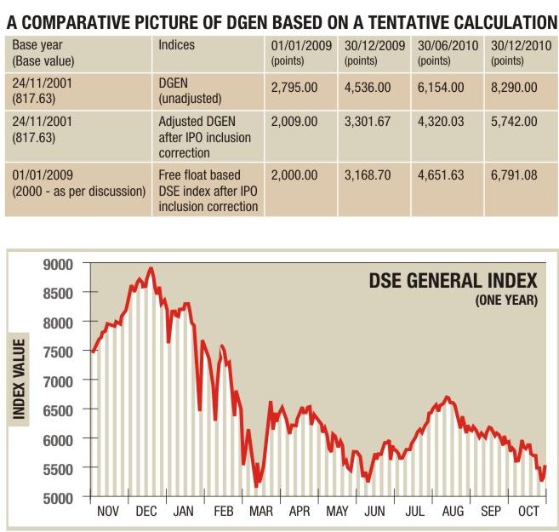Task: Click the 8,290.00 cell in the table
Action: tap(514, 88)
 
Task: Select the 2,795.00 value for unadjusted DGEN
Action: tap(294, 88)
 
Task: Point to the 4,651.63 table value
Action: tap(441, 174)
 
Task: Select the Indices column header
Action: tap(176, 44)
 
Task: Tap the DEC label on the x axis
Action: tap(145, 512)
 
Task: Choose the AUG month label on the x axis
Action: tap(452, 512)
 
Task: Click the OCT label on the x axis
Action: tap(528, 512)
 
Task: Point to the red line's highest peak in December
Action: tap(151, 269)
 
